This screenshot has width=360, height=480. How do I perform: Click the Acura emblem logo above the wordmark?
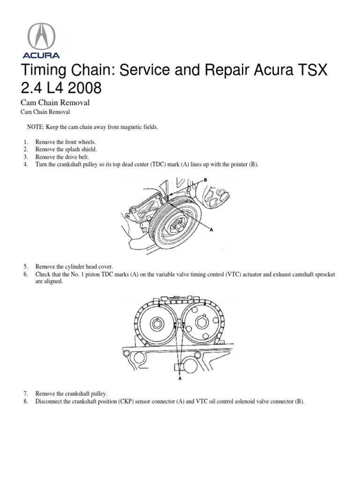coord(42,34)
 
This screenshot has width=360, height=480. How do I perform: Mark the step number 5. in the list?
coord(26,266)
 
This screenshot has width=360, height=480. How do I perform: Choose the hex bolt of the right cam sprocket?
coord(202,322)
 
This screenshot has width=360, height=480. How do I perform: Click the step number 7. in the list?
coord(26,393)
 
